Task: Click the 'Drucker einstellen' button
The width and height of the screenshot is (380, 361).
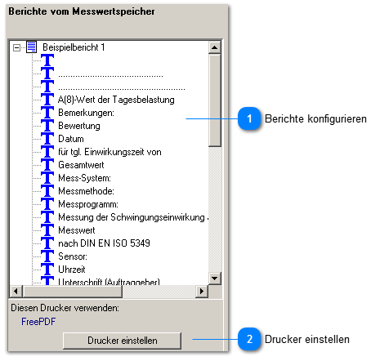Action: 122,339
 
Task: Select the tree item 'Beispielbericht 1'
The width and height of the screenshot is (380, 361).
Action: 74,47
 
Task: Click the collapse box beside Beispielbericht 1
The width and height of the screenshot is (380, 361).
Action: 18,47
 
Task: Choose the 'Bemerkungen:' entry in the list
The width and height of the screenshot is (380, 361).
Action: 86,113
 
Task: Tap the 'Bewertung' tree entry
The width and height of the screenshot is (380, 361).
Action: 79,126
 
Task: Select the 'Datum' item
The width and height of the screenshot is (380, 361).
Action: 71,139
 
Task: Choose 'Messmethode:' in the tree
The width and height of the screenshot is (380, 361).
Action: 87,191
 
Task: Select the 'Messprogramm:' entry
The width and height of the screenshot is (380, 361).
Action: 89,204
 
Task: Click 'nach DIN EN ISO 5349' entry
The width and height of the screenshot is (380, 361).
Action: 104,243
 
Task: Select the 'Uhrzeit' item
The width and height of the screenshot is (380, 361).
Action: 73,270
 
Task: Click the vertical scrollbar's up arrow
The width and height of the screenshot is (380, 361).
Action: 215,46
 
